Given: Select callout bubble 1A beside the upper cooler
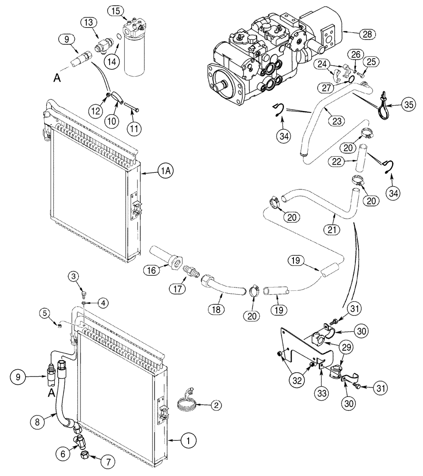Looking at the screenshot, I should [x=164, y=175].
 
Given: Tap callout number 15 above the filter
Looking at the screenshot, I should [x=114, y=10].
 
